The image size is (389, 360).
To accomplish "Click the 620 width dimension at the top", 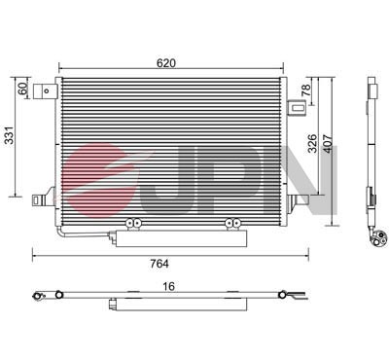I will point(166,62).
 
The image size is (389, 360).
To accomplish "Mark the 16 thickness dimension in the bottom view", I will point(169,287).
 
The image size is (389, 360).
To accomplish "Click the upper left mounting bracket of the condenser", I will point(43,91).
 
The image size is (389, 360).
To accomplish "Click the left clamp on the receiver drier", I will point(134,225).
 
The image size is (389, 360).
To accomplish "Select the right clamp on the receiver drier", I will point(232,225).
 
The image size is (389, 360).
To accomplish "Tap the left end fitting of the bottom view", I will point(39,295).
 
